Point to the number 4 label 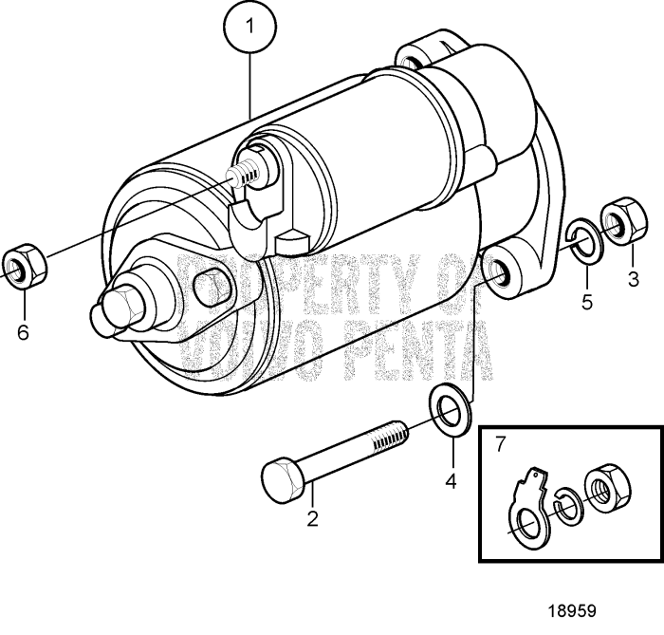coord(451,481)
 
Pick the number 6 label coord(23,331)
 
